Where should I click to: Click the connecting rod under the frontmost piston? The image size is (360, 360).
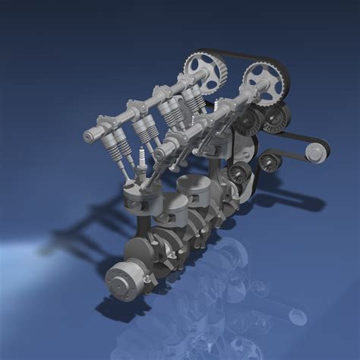click(x=144, y=228)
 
